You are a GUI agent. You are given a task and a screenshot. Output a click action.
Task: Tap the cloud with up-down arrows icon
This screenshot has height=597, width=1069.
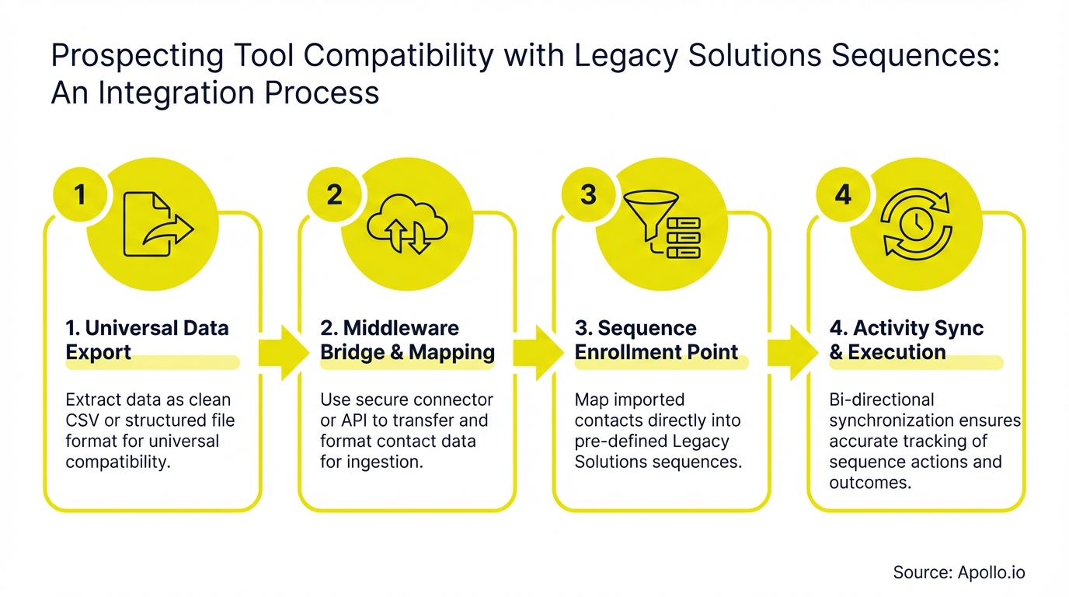click(407, 224)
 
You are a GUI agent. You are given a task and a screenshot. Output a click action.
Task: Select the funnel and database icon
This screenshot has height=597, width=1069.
click(662, 224)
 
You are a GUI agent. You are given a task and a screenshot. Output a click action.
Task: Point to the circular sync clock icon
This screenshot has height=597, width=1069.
click(917, 224)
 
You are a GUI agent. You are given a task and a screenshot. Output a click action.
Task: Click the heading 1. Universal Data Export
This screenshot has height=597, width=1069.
click(147, 340)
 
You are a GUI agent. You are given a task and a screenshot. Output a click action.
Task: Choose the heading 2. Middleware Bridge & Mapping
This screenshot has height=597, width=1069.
click(407, 340)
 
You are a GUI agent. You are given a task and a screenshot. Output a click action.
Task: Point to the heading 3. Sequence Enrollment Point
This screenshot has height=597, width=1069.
click(656, 340)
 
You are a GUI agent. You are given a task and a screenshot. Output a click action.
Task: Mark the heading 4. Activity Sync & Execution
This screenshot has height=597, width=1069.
click(906, 340)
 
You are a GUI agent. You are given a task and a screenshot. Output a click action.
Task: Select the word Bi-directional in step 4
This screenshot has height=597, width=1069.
click(882, 400)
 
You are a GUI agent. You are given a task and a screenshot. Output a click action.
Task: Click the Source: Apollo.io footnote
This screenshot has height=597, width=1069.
click(959, 573)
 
